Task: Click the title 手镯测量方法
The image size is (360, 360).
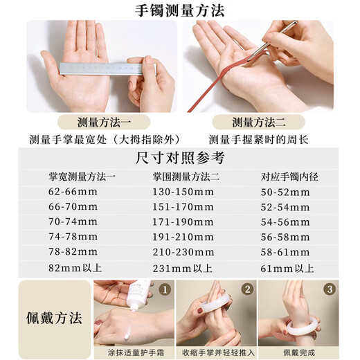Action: tap(179, 10)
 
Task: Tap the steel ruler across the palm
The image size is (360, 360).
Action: tap(108, 69)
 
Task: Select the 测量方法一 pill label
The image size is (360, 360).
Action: tap(104, 122)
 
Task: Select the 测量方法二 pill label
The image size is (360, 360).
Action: tap(258, 122)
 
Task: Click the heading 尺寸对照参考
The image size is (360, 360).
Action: tap(180, 158)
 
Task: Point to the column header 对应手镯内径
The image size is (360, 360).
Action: tap(289, 177)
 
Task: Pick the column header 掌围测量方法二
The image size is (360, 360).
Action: tap(186, 177)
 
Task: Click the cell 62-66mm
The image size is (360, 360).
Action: tap(73, 192)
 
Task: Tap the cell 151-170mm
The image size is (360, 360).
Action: tap(183, 207)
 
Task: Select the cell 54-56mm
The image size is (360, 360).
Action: tap(285, 222)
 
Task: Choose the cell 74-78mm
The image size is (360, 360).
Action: tap(73, 237)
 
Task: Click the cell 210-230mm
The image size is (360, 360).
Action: tap(183, 252)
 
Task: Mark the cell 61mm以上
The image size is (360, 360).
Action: tap(287, 269)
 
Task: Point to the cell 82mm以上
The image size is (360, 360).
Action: tap(75, 268)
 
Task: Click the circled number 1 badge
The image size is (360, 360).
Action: tap(165, 289)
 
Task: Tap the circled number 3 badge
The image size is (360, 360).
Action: tap(330, 289)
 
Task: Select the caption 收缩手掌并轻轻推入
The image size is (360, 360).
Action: tap(218, 352)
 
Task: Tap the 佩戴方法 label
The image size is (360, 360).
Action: tap(54, 318)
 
